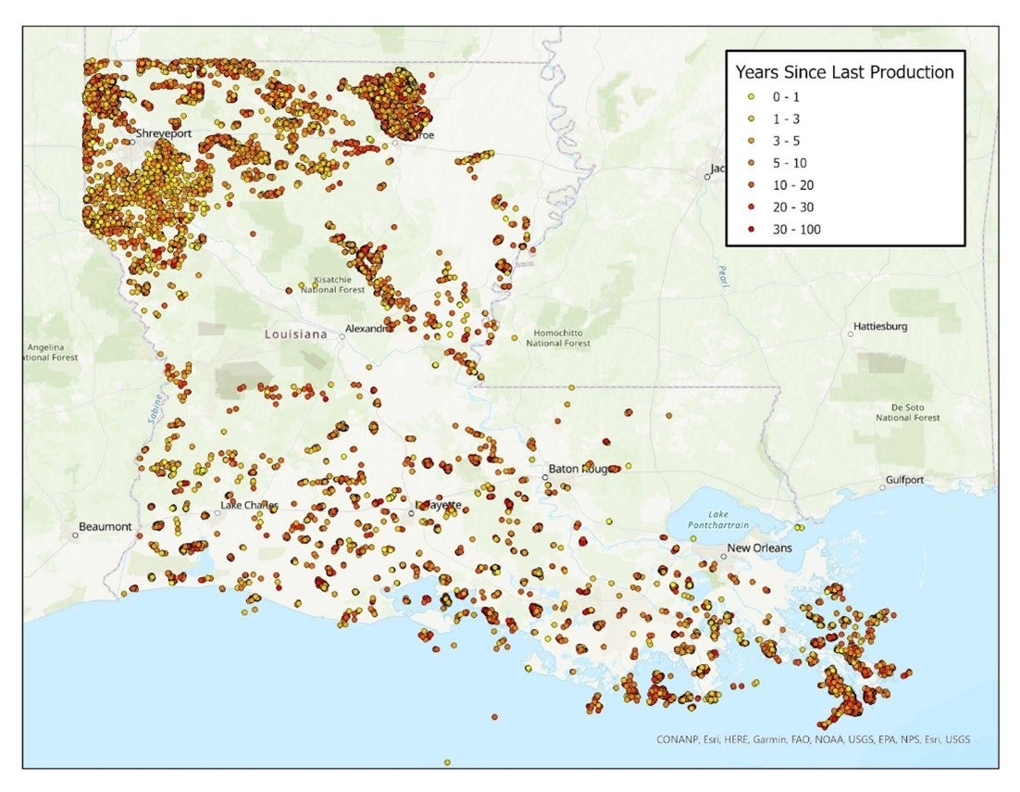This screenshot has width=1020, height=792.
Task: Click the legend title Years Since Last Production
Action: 843,72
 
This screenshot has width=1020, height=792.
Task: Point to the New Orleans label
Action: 759,548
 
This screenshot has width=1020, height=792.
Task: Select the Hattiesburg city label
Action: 880,327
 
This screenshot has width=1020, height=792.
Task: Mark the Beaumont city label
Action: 105,526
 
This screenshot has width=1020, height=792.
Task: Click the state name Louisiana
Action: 295,333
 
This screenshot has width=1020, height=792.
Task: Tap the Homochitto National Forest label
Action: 558,338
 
